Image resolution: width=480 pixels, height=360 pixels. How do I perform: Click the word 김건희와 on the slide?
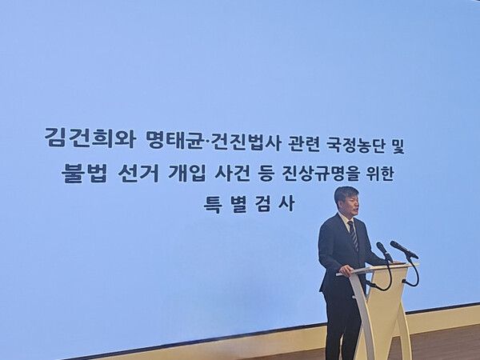[x=77, y=136]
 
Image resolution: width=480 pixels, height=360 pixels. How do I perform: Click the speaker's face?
[x=347, y=202]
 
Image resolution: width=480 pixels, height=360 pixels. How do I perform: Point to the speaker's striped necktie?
[x=353, y=236]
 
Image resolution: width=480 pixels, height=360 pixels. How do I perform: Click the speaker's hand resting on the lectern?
[x=347, y=270]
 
